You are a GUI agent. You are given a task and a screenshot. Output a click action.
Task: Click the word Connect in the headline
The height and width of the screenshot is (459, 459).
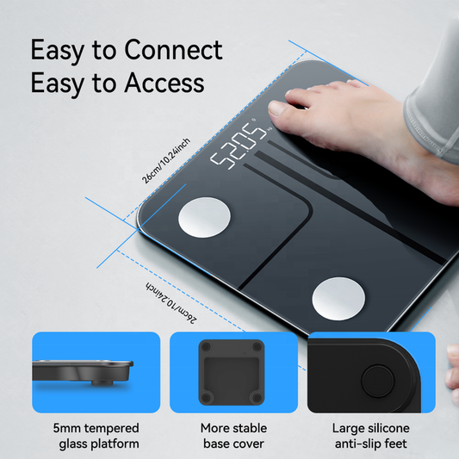point(174,50)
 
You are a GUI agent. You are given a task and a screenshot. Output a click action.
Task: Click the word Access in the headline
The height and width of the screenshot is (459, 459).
point(164,83)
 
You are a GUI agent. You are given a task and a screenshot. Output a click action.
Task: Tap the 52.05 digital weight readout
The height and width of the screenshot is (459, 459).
point(239,146)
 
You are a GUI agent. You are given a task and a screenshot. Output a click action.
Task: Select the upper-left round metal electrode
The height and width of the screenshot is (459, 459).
point(204,217)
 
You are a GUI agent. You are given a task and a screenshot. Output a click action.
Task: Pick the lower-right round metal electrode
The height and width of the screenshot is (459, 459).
point(338,299)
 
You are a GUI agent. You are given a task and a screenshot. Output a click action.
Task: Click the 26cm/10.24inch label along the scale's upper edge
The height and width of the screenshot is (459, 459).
point(166,161)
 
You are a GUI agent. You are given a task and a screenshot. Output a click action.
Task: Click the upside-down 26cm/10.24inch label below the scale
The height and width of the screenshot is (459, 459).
point(171,302)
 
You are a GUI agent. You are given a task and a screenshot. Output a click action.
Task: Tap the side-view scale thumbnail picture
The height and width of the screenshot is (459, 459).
point(96,372)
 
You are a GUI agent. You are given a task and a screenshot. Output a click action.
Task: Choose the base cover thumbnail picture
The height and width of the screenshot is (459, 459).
point(233,372)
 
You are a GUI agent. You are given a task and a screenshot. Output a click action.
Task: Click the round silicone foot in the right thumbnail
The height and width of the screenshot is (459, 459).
point(378,381)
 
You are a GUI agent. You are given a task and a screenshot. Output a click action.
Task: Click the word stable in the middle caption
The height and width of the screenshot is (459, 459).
point(248,428)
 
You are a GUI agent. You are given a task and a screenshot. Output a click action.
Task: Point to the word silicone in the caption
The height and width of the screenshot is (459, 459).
point(389,428)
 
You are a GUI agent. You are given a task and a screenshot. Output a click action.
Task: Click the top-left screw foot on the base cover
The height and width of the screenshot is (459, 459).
point(206,347)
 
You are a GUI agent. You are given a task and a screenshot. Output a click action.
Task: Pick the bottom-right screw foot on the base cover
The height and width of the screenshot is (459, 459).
point(257,398)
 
